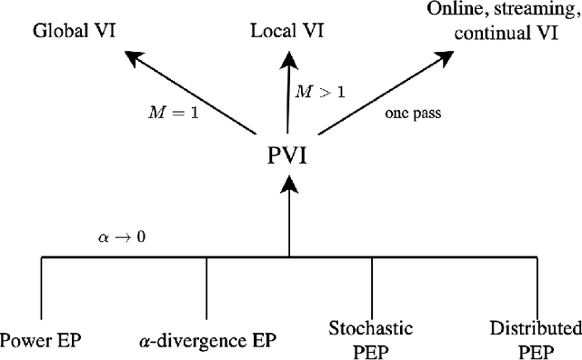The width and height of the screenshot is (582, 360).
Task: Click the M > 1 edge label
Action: [316, 91]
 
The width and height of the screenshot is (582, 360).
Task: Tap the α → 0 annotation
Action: [122, 235]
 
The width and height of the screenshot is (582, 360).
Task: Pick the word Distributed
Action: [536, 327]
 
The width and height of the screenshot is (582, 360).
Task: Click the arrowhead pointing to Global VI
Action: [135, 59]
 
